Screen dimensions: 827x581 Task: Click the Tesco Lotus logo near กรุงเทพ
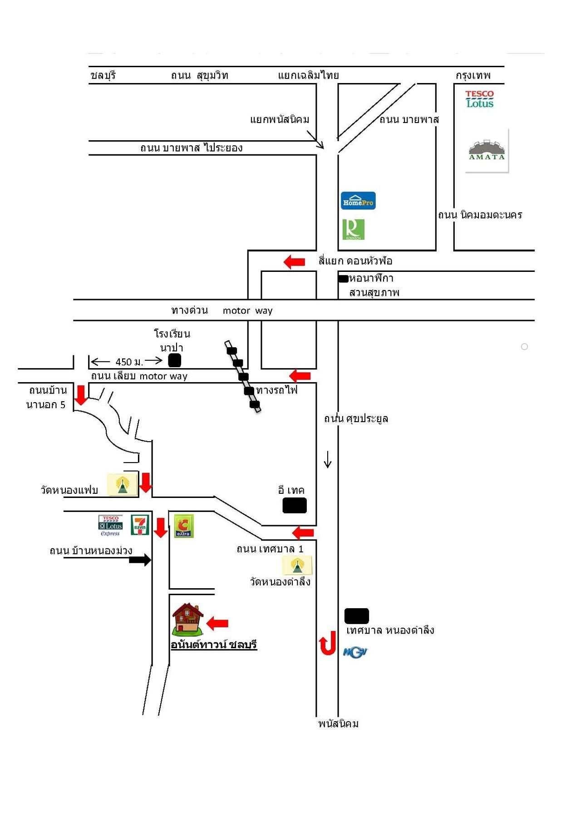pos(479,98)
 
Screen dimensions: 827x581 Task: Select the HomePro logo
pos(358,201)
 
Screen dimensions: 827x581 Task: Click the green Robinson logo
pos(353,229)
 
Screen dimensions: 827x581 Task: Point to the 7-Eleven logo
pos(140,525)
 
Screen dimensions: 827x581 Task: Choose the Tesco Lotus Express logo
pos(110,525)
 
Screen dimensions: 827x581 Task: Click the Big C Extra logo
pos(184,526)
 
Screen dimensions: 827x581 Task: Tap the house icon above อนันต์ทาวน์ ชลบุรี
pos(187,619)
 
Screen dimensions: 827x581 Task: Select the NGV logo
pos(355,652)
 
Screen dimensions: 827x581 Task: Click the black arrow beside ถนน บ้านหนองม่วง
pos(140,560)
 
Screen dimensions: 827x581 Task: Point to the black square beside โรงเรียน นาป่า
pos(175,360)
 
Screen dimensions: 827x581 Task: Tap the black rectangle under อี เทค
pos(295,505)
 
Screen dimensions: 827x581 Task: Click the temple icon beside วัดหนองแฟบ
pos(122,485)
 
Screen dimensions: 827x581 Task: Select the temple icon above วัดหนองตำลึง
pos(297,566)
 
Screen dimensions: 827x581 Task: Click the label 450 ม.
pos(129,362)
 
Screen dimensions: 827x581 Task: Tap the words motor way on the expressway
pos(247,310)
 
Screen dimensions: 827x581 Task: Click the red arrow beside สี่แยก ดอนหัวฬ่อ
pos(294,262)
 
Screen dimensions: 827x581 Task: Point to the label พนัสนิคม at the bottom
pos(338,724)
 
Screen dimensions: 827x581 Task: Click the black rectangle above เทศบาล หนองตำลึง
pos(357,616)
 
